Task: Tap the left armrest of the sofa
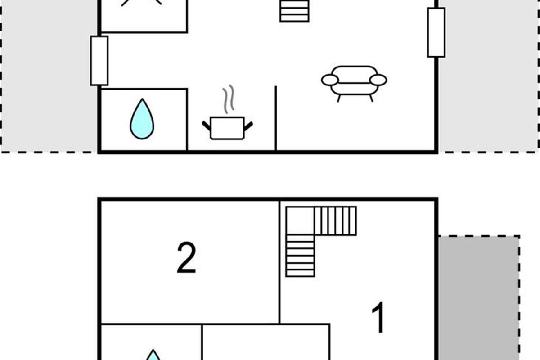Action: pos(330,80)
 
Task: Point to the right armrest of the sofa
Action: pos(378,80)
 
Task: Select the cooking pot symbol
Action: pos(227,128)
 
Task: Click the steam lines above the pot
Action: pos(229,99)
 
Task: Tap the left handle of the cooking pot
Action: pos(207,126)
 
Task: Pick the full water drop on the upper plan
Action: pos(142,119)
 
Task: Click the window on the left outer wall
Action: pos(99,61)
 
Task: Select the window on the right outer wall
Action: pos(436,32)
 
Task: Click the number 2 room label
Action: pos(186,257)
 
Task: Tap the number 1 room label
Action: pos(379,317)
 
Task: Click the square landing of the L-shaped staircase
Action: pos(301,220)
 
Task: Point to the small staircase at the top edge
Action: pos(294,11)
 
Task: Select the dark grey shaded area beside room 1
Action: pos(478,298)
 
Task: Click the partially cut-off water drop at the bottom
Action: pos(153,355)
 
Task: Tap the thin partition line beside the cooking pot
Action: pos(276,118)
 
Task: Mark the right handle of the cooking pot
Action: pos(248,126)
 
